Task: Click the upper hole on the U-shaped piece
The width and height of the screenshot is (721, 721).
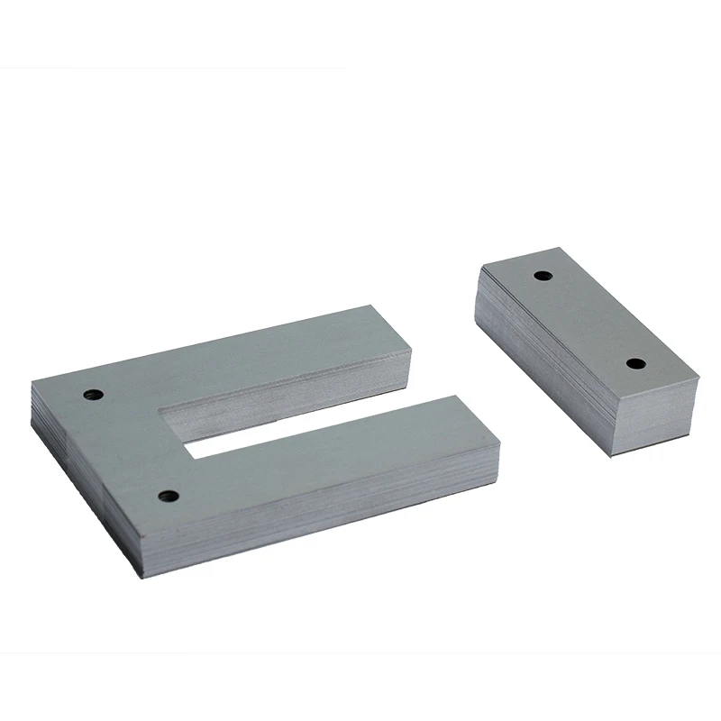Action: (91, 394)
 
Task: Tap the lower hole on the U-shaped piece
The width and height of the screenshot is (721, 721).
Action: (166, 495)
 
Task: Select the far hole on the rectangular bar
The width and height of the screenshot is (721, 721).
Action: (543, 275)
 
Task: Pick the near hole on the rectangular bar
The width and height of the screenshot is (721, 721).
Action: (635, 364)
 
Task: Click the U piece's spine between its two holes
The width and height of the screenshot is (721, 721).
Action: (126, 442)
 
